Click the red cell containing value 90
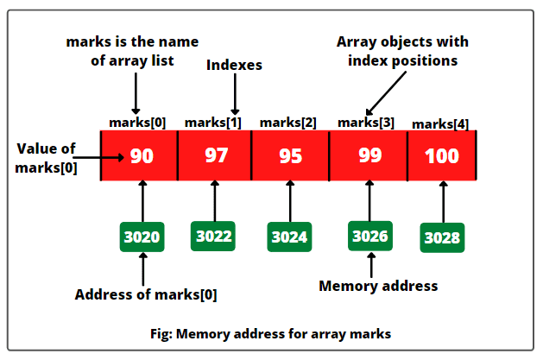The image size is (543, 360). click(140, 156)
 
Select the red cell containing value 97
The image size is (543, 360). click(215, 156)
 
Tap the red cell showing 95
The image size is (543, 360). click(290, 156)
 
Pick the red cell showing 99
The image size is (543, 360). click(368, 156)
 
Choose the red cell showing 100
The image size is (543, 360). click(442, 156)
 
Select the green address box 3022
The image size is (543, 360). click(215, 236)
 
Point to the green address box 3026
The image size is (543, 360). click(371, 235)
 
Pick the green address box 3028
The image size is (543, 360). click(443, 237)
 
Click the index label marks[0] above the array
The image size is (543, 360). click(137, 123)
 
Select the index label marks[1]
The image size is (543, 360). click(212, 122)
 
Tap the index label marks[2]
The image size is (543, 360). click(287, 123)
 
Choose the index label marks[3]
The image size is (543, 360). click(366, 123)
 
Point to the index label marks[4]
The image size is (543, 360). click(440, 124)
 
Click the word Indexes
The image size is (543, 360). click(233, 65)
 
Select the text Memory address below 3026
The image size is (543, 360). click(378, 286)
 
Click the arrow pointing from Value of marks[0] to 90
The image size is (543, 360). click(104, 157)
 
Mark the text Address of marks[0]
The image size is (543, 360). click(146, 294)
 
